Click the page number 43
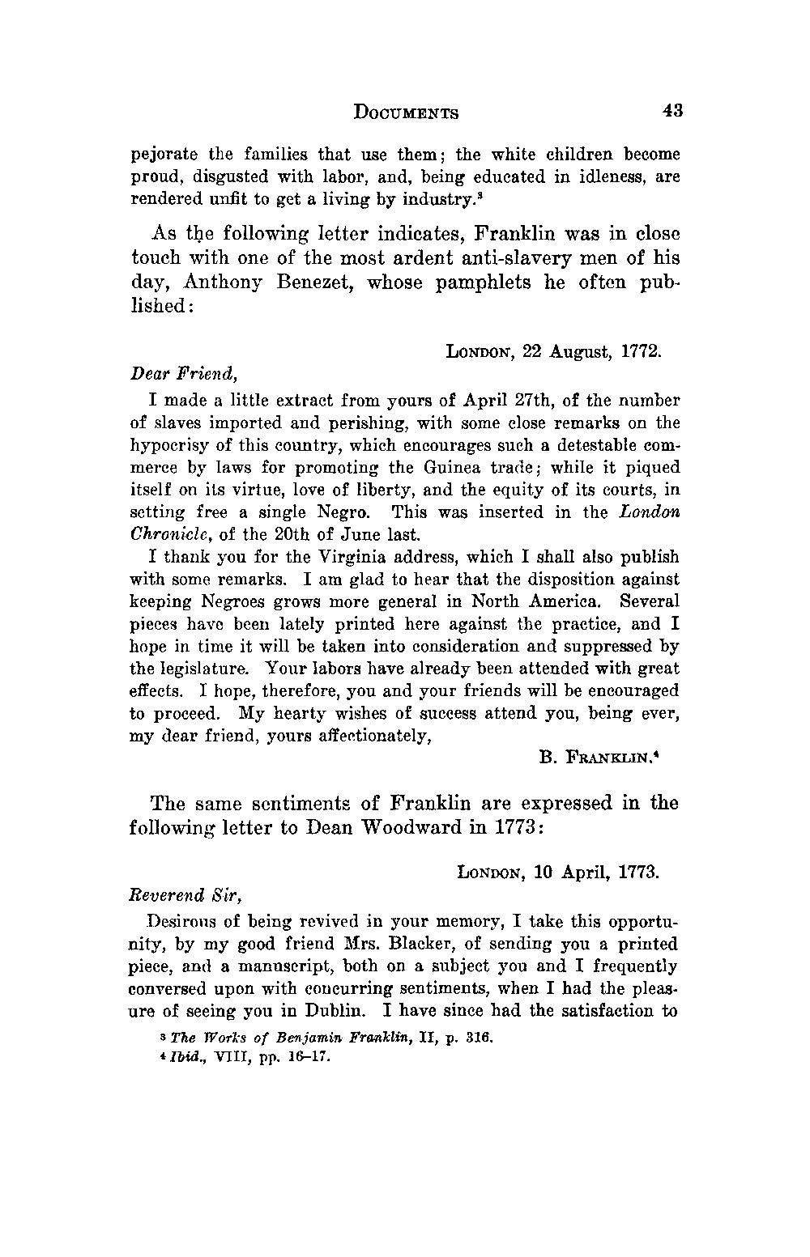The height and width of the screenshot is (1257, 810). click(x=672, y=111)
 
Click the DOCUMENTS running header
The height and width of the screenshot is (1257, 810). click(x=406, y=113)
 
